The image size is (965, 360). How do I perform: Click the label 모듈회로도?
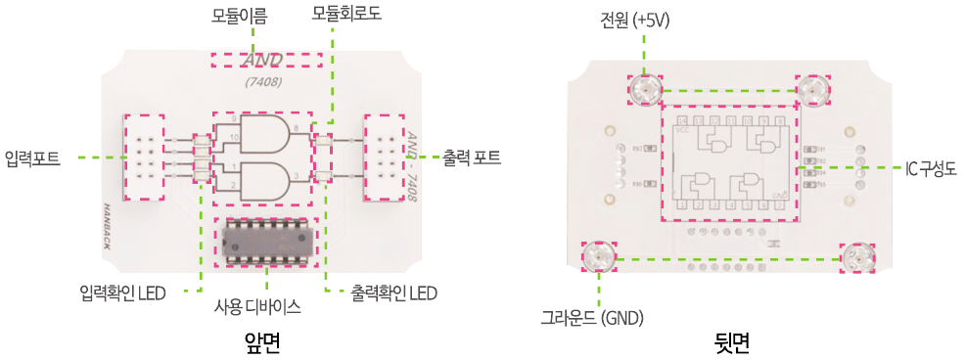(346, 14)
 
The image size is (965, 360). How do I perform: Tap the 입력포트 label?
(32, 157)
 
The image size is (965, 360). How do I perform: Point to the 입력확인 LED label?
(122, 292)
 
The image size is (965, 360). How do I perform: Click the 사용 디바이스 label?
(257, 306)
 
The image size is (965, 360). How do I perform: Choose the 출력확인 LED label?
(393, 292)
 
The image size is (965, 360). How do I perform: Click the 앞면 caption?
(262, 341)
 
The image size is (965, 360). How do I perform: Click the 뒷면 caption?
(732, 341)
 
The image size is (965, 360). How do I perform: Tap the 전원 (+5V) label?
(635, 20)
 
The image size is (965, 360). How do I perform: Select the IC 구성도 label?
(930, 168)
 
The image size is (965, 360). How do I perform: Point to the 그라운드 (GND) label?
(592, 317)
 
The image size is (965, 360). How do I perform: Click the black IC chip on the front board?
(261, 240)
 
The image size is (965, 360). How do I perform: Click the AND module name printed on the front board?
(262, 61)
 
